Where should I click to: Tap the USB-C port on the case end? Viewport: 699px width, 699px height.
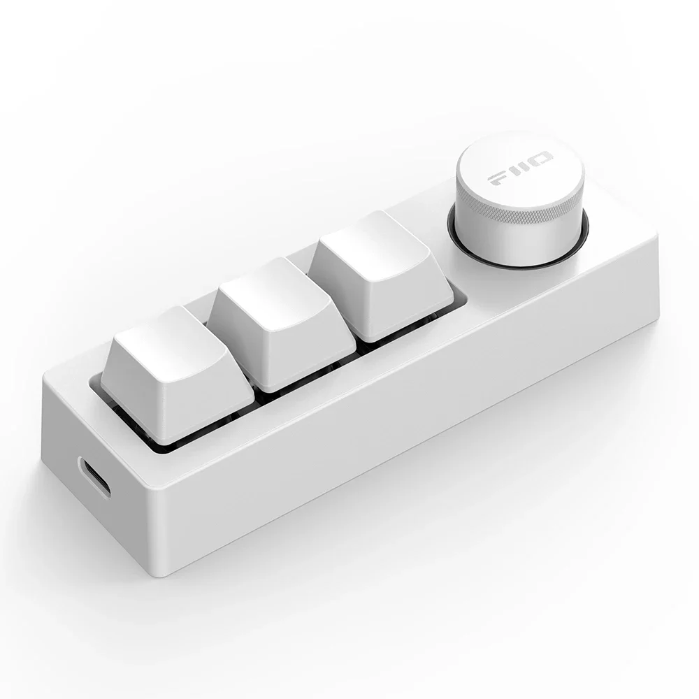click(94, 477)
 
